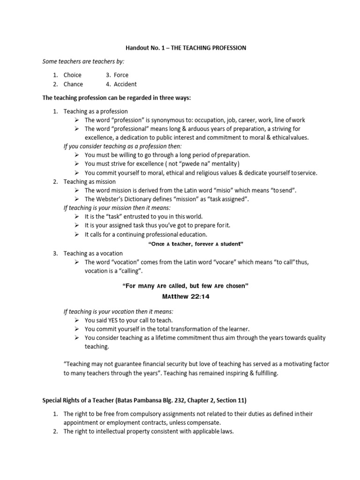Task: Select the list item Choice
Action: pyautogui.click(x=73, y=75)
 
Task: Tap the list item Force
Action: pyautogui.click(x=121, y=75)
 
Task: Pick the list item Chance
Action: pyautogui.click(x=73, y=84)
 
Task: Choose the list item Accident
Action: pyautogui.click(x=125, y=84)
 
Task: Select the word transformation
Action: pyautogui.click(x=186, y=329)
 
